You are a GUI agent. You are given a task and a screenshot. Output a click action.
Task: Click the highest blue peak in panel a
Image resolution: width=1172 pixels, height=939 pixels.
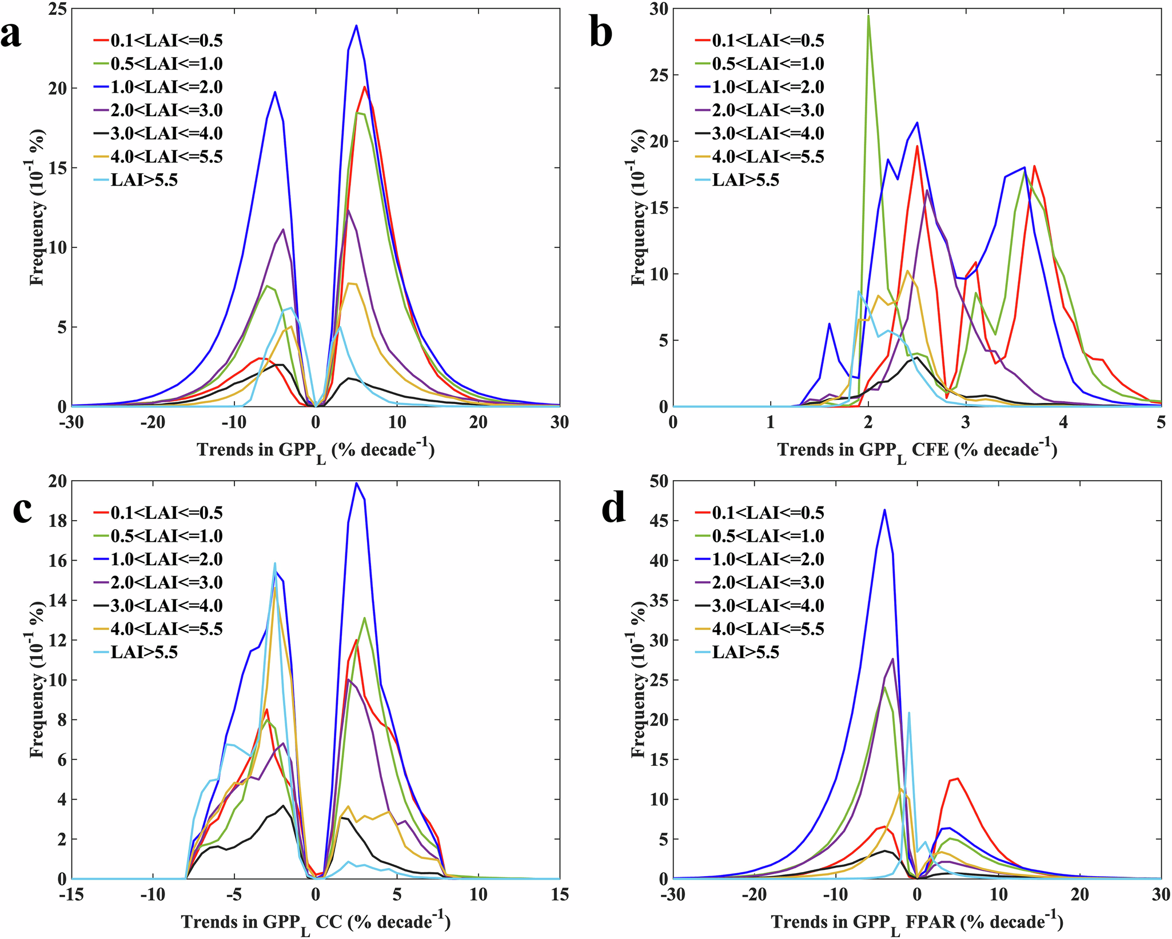pyautogui.click(x=356, y=26)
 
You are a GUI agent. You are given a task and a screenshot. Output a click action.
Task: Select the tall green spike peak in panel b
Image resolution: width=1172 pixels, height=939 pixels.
pyautogui.click(x=868, y=16)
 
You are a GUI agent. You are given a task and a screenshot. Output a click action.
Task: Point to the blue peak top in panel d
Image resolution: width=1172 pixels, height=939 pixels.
pyautogui.click(x=884, y=510)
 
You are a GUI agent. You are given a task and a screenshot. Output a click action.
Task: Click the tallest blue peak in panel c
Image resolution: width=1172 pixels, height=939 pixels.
pyautogui.click(x=356, y=484)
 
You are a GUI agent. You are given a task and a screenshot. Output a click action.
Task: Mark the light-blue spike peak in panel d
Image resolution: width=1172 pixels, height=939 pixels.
pyautogui.click(x=909, y=712)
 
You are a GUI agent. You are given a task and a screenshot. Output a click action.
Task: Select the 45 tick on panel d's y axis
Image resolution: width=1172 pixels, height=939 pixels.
pyautogui.click(x=661, y=521)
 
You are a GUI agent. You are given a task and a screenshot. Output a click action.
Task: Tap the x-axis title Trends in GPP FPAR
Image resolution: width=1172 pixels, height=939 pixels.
pyautogui.click(x=917, y=922)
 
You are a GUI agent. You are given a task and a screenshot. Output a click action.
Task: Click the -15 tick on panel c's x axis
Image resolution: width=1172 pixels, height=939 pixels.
pyautogui.click(x=71, y=895)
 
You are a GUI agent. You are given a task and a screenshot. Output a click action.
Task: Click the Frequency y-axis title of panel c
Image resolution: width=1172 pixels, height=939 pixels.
pyautogui.click(x=37, y=680)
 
